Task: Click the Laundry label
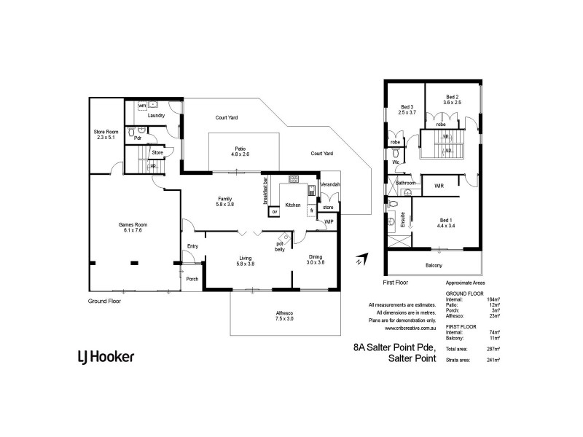point(156,116)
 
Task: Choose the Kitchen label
point(293,205)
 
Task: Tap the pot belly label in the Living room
point(279,246)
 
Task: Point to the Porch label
point(192,279)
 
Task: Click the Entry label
point(192,246)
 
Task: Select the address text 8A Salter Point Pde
point(394,348)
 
